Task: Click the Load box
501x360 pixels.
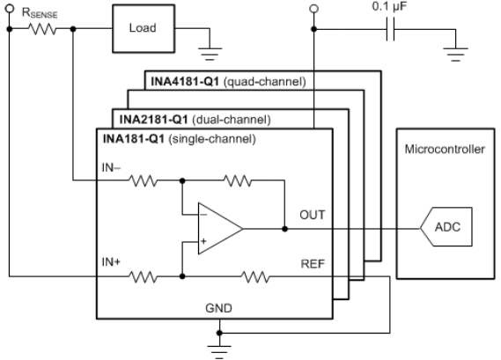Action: (144, 28)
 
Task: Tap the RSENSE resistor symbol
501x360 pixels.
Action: (42, 29)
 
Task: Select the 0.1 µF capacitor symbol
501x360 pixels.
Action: (390, 29)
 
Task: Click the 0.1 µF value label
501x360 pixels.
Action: (389, 6)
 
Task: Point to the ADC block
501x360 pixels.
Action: (446, 227)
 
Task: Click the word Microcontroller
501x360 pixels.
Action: (445, 149)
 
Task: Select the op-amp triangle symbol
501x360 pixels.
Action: (220, 229)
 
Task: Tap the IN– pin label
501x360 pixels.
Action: (111, 167)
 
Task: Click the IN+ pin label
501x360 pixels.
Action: (111, 262)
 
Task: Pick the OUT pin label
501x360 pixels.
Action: (313, 215)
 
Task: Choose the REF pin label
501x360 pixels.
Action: (313, 264)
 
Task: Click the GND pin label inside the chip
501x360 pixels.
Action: (218, 308)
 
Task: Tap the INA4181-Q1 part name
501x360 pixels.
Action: (185, 82)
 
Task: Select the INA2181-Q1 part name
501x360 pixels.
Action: (154, 120)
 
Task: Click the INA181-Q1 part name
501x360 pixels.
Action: (134, 139)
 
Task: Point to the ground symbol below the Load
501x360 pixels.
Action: (210, 54)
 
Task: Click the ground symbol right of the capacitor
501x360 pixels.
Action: (455, 54)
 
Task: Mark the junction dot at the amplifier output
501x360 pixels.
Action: (284, 229)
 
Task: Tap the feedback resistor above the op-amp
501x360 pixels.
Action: (238, 180)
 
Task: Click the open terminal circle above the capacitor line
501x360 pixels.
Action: (314, 9)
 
